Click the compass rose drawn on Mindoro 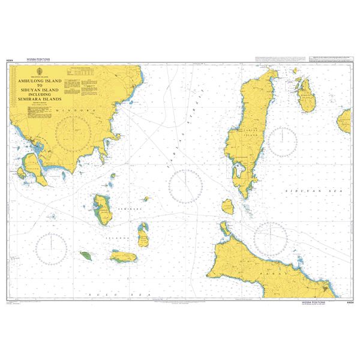[73, 133]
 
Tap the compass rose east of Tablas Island [280, 140]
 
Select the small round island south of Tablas [228, 207]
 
